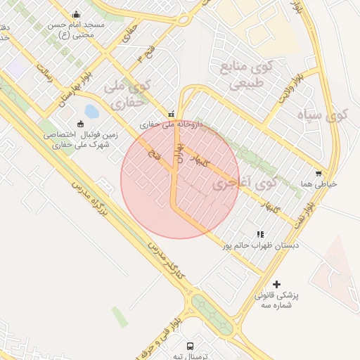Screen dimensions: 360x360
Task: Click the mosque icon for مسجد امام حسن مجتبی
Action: click(76, 14)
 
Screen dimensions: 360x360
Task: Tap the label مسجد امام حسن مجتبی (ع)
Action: click(76, 29)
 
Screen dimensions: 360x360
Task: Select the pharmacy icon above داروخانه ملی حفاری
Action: click(171, 113)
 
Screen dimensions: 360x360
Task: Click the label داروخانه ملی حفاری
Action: click(171, 124)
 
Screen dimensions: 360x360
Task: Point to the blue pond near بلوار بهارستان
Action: click(91, 110)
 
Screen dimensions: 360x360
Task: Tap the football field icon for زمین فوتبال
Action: click(80, 124)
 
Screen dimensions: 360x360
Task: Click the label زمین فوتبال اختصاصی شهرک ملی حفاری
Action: click(79, 139)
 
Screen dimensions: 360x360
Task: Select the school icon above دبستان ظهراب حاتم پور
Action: click(260, 234)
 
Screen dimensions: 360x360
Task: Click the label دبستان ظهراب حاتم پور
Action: click(260, 245)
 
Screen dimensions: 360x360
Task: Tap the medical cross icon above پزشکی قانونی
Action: click(276, 285)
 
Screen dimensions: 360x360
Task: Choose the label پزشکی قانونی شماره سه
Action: click(276, 300)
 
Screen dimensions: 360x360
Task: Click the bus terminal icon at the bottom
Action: click(191, 346)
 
